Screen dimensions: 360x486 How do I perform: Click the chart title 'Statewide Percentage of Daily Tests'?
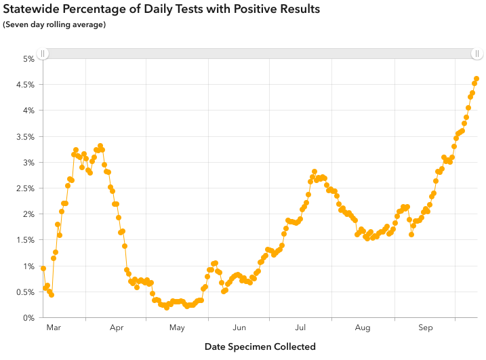[x=161, y=9]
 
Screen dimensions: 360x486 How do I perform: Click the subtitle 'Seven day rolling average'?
[x=54, y=25]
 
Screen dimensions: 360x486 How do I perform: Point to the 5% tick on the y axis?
[x=28, y=59]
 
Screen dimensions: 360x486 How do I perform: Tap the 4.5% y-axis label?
[x=24, y=85]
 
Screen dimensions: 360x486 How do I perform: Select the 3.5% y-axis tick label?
[x=24, y=137]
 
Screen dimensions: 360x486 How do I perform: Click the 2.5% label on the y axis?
[x=24, y=188]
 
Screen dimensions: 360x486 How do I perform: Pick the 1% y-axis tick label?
[x=28, y=266]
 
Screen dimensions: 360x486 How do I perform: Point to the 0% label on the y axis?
[x=28, y=318]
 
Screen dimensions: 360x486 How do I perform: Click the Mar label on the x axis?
[x=54, y=328]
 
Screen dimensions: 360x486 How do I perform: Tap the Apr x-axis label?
[x=116, y=328]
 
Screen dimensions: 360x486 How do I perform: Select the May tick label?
[x=177, y=328]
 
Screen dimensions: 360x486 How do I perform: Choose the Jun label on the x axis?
[x=239, y=328]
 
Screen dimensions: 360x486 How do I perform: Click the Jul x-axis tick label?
[x=301, y=328]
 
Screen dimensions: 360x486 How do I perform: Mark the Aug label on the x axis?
[x=363, y=328]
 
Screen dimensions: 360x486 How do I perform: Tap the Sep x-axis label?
[x=425, y=328]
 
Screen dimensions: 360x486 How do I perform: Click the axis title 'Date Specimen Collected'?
[x=260, y=346]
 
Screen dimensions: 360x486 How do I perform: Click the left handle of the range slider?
[x=42, y=54]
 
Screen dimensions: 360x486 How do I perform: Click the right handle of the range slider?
[x=477, y=54]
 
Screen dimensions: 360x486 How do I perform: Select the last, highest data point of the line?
[x=477, y=79]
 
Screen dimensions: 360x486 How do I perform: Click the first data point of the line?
[x=43, y=268]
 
